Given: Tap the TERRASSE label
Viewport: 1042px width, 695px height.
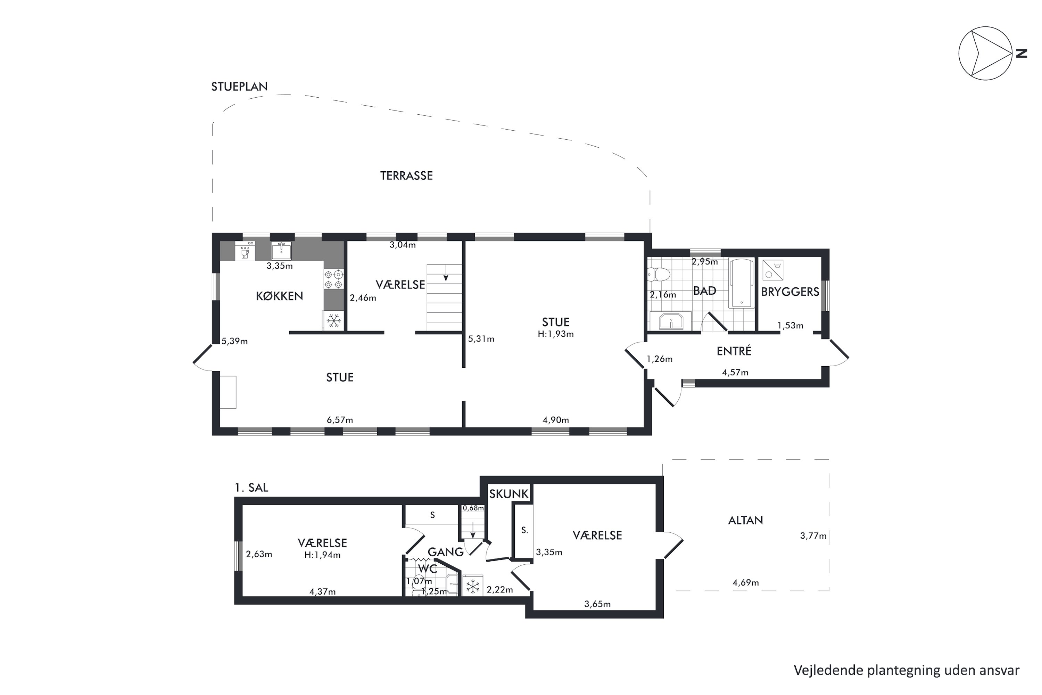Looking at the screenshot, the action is click(406, 176).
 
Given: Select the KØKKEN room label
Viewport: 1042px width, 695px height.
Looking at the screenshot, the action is click(280, 296).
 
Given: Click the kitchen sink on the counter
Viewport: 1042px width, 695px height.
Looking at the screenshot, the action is click(281, 251).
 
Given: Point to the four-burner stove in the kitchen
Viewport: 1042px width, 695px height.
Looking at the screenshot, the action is click(333, 280).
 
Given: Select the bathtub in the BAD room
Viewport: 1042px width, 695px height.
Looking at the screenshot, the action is click(741, 283).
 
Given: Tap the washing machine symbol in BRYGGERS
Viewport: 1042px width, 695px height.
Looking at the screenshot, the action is click(772, 270).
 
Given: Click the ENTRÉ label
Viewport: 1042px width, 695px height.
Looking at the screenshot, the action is click(734, 351).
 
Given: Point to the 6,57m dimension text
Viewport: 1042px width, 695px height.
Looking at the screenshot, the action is click(340, 420).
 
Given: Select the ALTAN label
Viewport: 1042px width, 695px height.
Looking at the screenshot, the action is click(746, 520).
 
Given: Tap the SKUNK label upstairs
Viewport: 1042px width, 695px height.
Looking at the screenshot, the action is click(509, 494).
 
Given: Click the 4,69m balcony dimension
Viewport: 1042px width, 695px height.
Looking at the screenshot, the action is click(746, 583).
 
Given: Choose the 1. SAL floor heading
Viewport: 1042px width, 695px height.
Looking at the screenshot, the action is click(251, 488).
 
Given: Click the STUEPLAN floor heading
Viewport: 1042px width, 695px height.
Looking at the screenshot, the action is click(239, 87).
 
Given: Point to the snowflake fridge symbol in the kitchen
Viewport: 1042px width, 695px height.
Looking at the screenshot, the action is click(333, 320).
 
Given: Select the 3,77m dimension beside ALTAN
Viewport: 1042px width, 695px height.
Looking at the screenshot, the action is click(813, 536).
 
